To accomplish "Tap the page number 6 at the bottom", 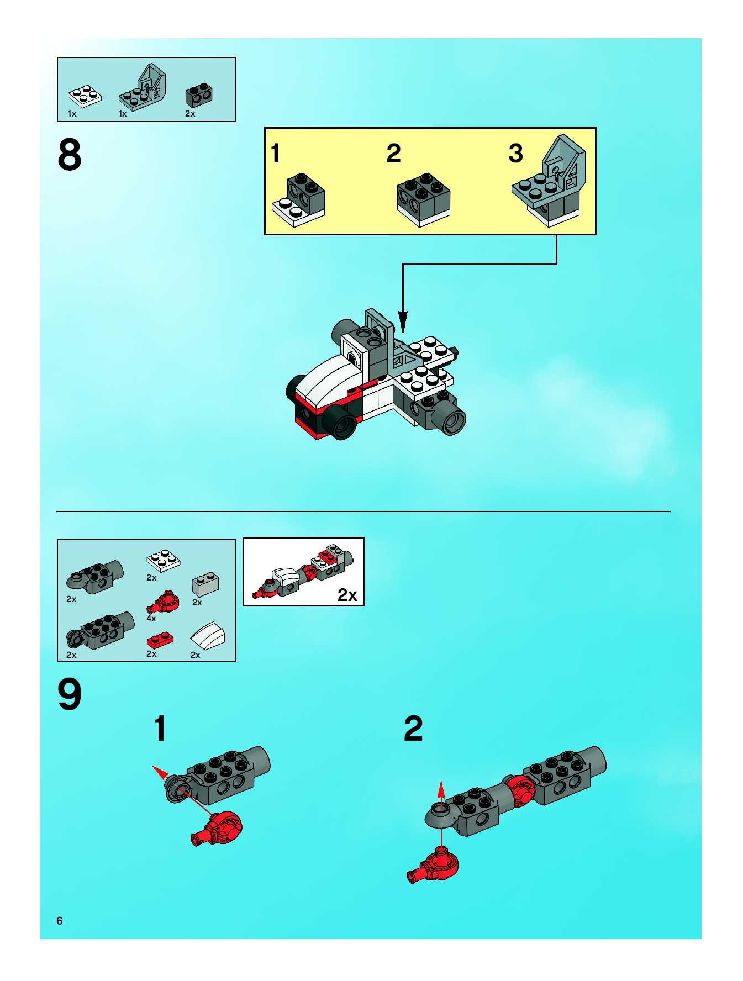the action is click(59, 921).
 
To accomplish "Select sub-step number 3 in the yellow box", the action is click(515, 154).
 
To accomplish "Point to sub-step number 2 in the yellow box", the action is click(393, 154).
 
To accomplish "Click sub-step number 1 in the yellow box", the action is click(275, 154).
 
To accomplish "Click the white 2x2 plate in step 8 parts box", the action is click(85, 96).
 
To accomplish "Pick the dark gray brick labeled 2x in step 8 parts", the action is click(199, 95).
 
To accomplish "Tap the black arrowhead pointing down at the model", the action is click(402, 321).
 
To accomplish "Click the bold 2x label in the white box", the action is click(347, 595).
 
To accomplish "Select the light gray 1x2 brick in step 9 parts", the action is click(205, 584).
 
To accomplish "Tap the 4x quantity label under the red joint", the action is click(151, 618).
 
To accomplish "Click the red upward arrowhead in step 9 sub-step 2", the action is click(441, 789).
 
